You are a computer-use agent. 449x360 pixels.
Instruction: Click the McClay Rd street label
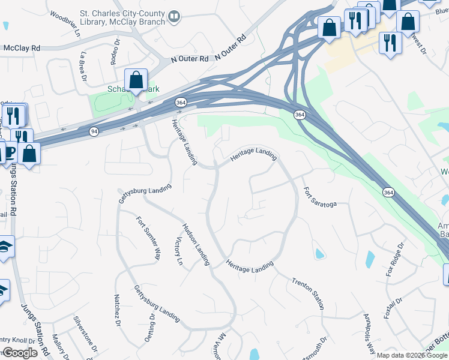pos(22,47)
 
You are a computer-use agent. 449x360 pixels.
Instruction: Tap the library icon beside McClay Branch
pos(174,16)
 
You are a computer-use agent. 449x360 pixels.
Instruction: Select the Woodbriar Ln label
pos(65,23)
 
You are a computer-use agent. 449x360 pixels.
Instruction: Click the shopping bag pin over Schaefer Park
pos(136,80)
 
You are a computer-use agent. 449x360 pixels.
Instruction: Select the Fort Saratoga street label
pos(319,196)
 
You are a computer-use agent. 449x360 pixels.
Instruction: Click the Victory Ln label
pos(178,251)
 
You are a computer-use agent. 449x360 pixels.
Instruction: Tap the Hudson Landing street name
pos(196,244)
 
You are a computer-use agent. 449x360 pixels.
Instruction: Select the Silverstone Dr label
pos(84,333)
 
